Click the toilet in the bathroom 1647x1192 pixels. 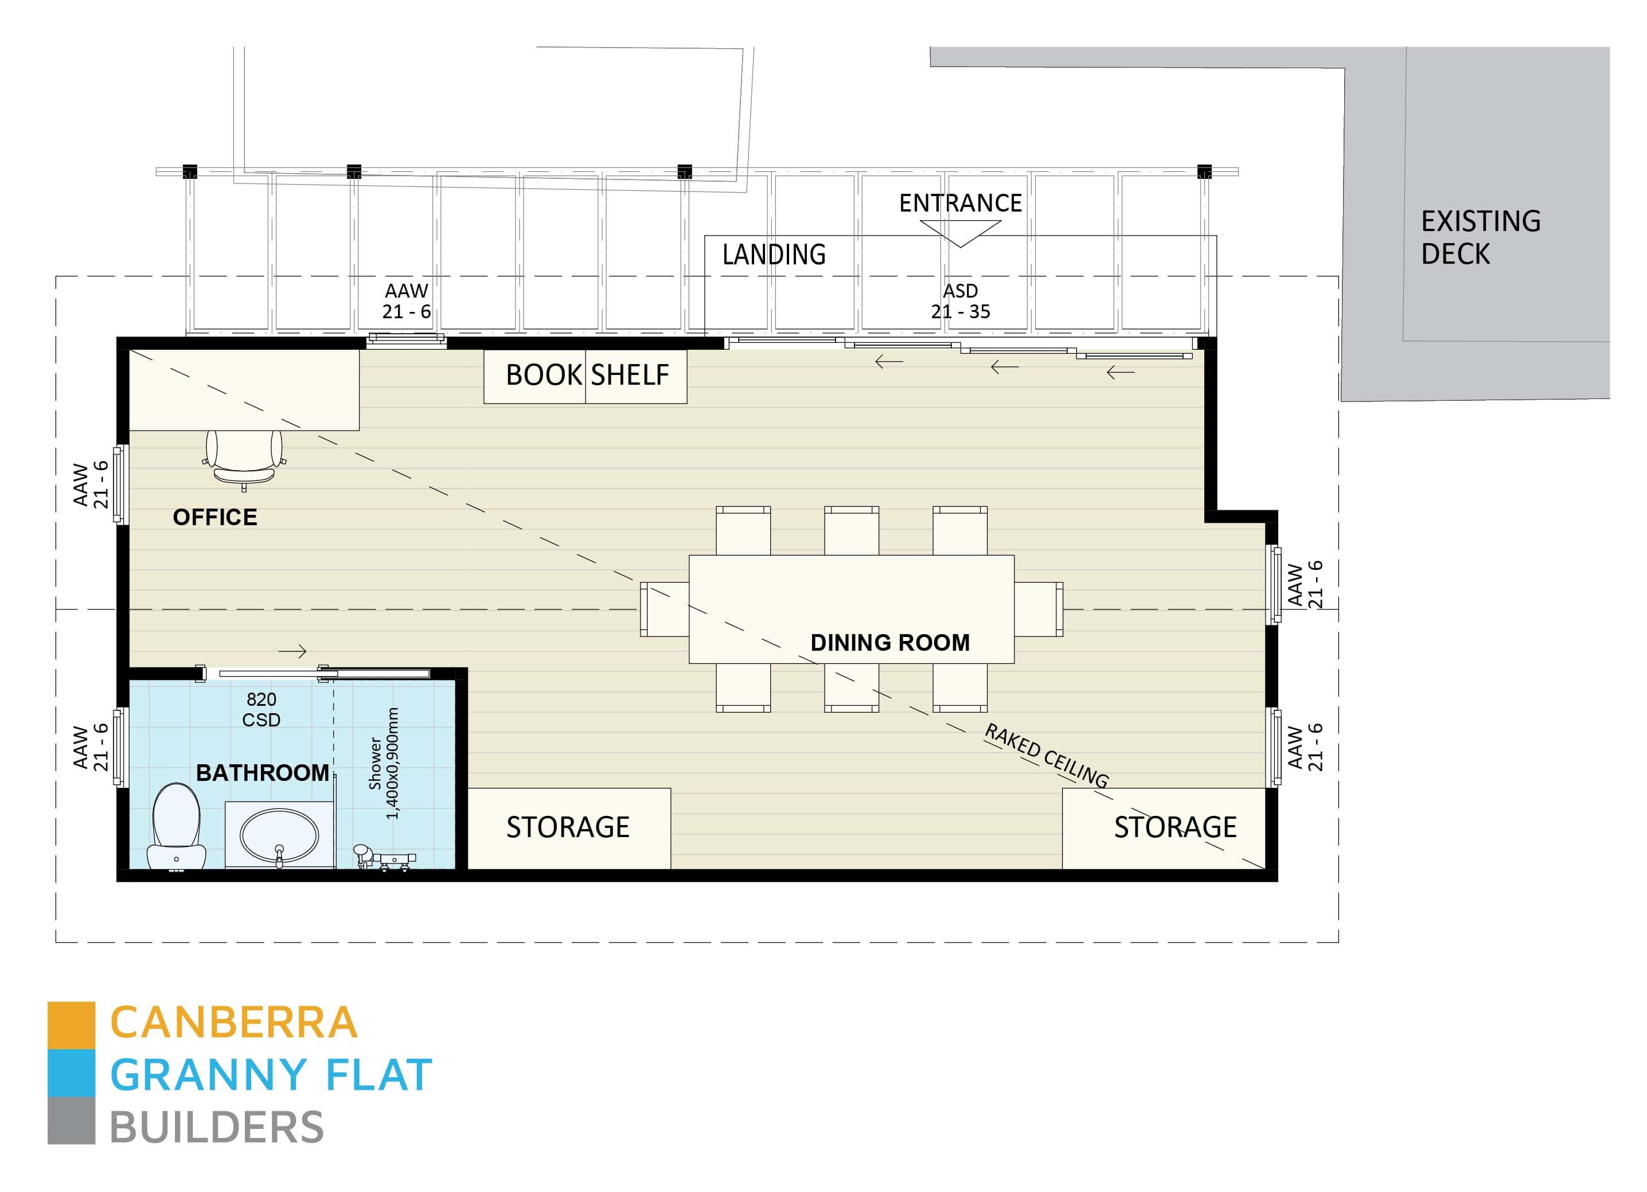[x=177, y=826]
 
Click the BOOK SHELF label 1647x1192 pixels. [x=586, y=376]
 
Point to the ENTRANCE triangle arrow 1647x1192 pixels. [x=960, y=233]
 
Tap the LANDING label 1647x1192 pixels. [x=774, y=255]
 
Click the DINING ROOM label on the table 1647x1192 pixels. [x=889, y=643]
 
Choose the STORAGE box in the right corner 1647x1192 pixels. [x=1174, y=827]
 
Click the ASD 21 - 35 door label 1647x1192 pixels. [x=960, y=301]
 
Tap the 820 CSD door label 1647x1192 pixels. [x=261, y=709]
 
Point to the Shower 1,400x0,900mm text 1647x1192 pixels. [x=383, y=763]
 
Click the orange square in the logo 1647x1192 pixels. [x=71, y=1025]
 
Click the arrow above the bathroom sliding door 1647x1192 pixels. [x=292, y=651]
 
